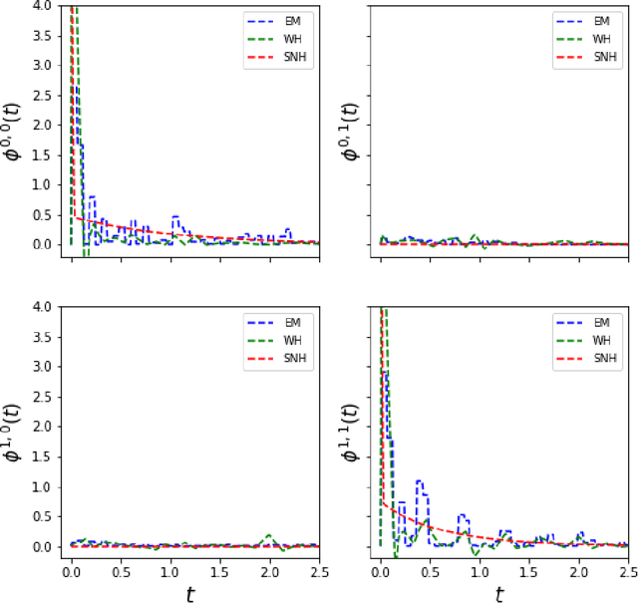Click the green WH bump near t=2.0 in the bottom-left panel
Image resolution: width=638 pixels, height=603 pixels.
pos(269,536)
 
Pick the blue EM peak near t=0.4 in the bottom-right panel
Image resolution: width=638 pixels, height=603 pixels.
pos(420,482)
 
